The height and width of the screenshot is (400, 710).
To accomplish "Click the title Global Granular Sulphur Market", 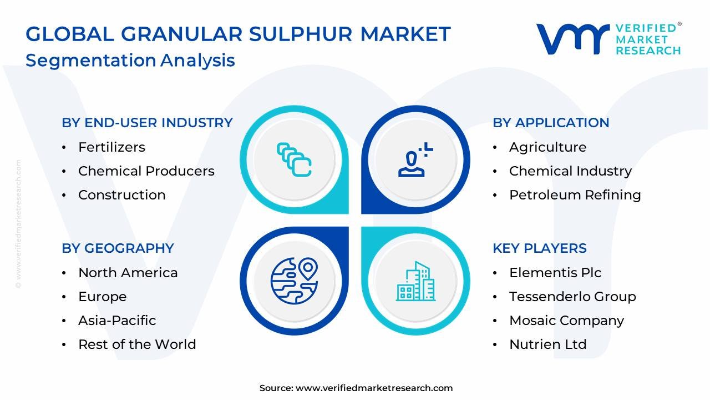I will (x=238, y=34).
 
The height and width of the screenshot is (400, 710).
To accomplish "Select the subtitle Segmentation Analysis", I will (x=130, y=60).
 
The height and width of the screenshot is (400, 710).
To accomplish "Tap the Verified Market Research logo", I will (x=608, y=39).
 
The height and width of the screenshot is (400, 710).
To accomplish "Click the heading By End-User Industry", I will (x=147, y=123).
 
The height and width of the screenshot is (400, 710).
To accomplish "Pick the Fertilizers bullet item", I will (x=111, y=147).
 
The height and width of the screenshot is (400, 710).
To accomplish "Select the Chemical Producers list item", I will (x=146, y=171).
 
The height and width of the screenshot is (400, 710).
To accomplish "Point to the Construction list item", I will (x=121, y=195).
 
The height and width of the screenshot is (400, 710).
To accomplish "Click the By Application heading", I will (x=551, y=123).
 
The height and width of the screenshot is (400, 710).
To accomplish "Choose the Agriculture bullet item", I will (x=547, y=147).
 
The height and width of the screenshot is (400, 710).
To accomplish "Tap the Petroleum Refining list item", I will (x=575, y=195).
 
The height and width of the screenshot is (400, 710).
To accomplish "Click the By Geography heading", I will (x=118, y=248).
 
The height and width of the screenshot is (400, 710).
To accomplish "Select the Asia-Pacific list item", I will (x=117, y=321).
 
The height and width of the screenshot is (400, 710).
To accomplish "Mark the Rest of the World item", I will (x=137, y=344).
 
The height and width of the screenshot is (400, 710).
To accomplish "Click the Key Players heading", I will (x=539, y=248).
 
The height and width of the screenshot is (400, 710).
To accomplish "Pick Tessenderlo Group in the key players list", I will (x=572, y=297).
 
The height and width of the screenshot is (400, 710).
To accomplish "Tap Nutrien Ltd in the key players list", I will (x=547, y=344).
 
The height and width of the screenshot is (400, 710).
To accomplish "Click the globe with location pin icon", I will (x=294, y=281).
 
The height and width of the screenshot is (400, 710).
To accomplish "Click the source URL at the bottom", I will (x=374, y=388).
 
